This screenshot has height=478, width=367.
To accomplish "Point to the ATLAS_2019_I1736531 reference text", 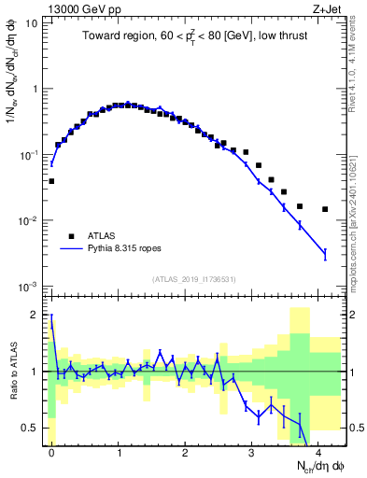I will click(x=195, y=278).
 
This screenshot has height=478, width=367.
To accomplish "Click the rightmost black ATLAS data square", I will click(x=325, y=209).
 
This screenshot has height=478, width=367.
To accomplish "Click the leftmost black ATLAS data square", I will click(x=51, y=181).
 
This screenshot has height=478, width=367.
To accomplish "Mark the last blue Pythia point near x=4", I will click(x=325, y=253).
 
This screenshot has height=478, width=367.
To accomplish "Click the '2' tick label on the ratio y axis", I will click(x=35, y=315).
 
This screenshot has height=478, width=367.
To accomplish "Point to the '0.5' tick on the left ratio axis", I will click(x=30, y=429).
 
